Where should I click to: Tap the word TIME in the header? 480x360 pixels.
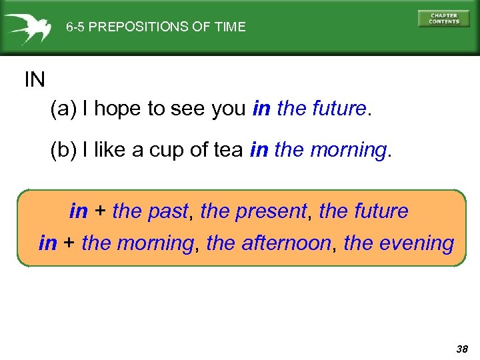231,27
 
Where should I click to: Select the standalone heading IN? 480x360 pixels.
35,81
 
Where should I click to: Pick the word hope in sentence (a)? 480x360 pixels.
118,109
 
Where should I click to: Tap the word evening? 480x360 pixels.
417,243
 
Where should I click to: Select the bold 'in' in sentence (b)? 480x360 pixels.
259,151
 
